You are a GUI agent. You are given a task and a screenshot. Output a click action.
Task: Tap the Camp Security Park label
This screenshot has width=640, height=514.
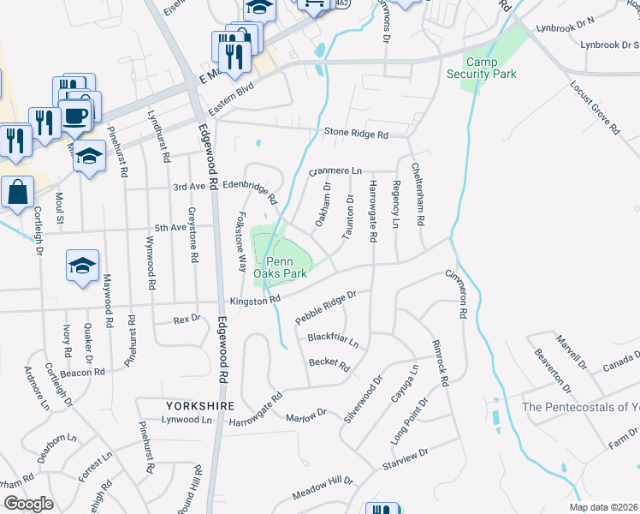[481, 69]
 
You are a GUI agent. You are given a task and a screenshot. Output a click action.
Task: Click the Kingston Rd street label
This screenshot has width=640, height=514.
[255, 301]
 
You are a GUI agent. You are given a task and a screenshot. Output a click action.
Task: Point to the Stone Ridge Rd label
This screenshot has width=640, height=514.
[356, 134]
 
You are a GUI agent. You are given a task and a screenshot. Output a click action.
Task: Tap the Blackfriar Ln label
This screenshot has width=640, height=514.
[333, 339]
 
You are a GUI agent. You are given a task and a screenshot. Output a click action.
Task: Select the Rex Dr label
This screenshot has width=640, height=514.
[187, 319]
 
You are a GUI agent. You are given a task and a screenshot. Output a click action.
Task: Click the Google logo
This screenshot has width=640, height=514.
[27, 503]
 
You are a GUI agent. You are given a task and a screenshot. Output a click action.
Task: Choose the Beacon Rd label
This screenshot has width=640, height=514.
[82, 373]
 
